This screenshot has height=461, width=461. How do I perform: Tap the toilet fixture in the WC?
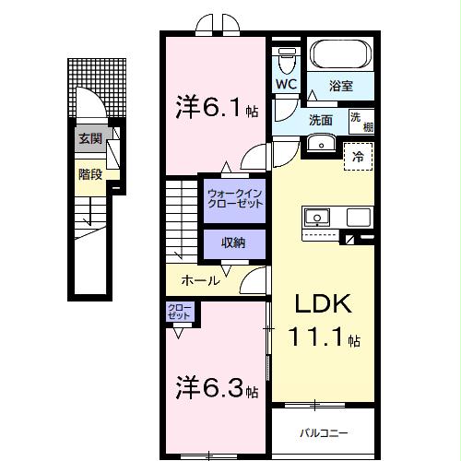coord(285,60)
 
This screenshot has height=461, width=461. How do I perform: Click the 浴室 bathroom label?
coord(341,87)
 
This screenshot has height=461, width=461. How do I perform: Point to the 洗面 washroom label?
coord(321,120)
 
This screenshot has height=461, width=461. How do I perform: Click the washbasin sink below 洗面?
coord(321,142)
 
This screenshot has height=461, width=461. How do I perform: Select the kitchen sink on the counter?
coord(317,218)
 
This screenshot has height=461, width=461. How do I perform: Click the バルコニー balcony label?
coord(322,431)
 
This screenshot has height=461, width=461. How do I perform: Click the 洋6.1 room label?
coord(216,109)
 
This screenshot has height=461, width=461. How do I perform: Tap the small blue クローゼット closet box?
coord(180,313)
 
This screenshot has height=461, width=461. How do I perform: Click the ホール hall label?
coord(200,279)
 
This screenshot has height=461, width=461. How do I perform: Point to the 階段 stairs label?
coord(89,172)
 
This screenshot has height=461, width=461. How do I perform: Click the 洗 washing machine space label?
coord(357,117)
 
